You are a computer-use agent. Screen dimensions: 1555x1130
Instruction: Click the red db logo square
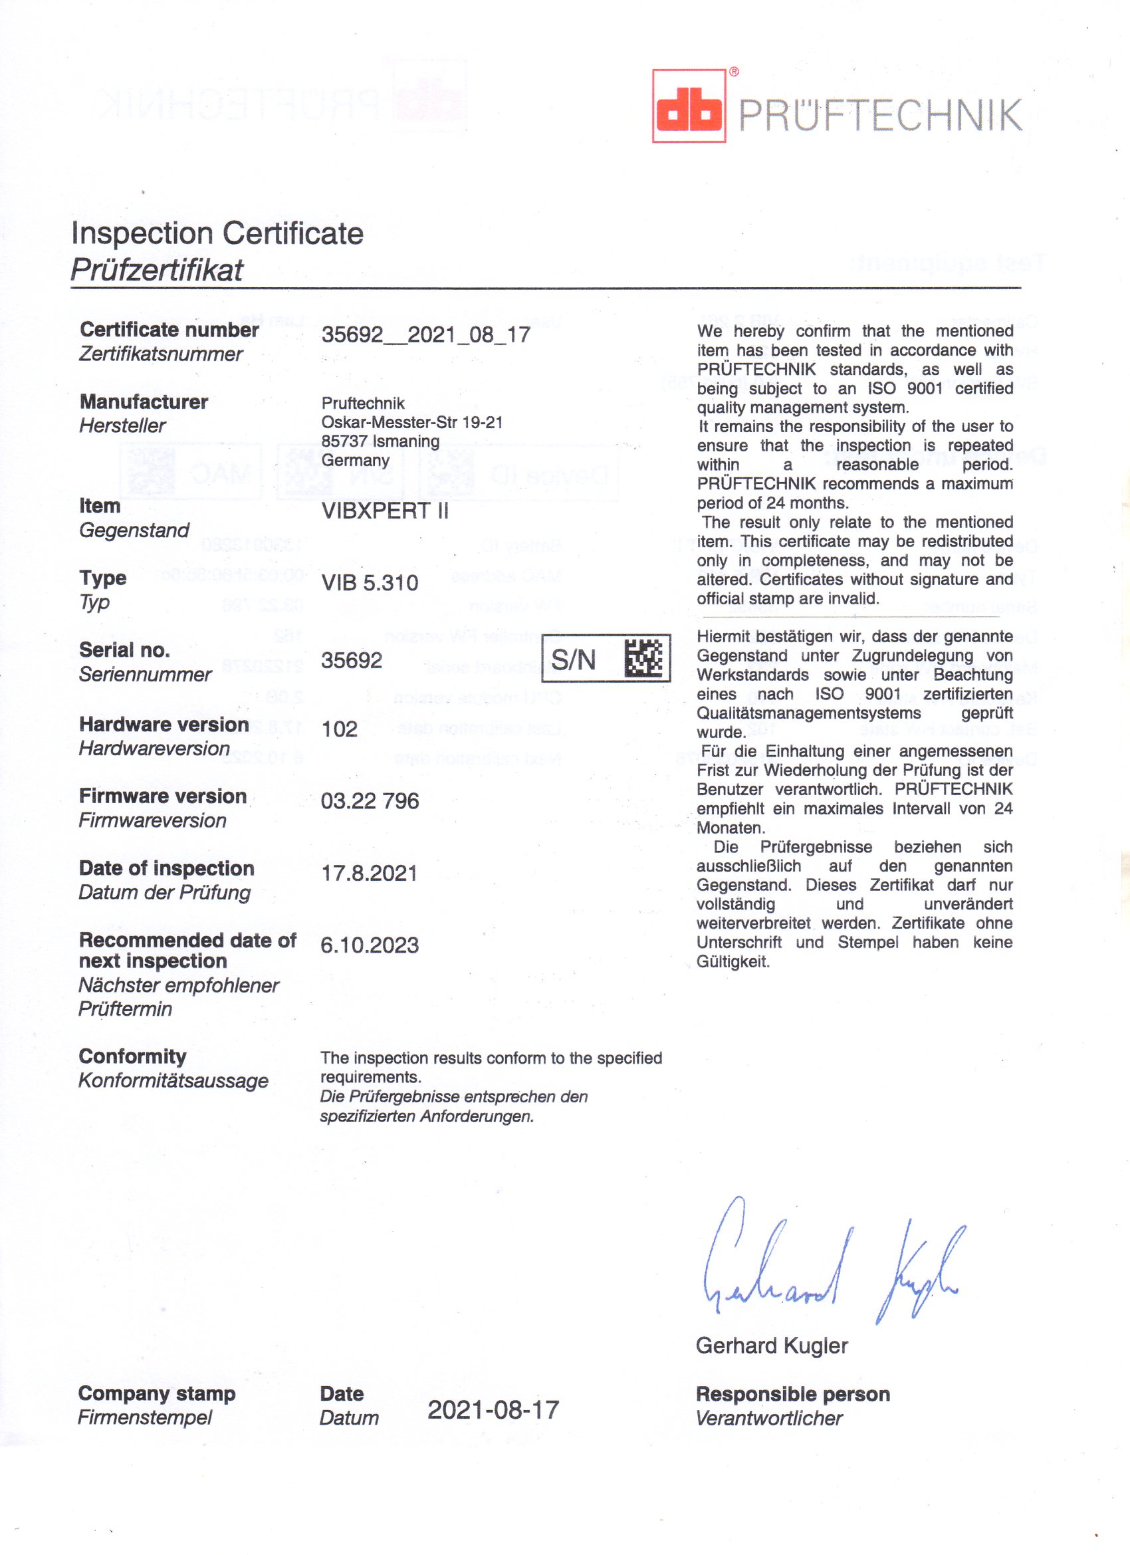(689, 106)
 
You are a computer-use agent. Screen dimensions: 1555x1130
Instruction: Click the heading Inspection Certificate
(217, 233)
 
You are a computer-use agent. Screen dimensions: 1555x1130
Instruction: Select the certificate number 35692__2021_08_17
(426, 334)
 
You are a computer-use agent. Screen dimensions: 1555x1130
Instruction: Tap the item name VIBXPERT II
(385, 511)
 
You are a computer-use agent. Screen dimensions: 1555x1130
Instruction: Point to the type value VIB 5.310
(370, 583)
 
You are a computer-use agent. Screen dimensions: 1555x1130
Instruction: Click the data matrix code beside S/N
(644, 658)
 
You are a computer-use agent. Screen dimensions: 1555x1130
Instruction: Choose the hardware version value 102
(340, 728)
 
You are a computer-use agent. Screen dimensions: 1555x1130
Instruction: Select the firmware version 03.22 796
(370, 801)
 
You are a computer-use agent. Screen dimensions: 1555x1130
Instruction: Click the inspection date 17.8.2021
(369, 873)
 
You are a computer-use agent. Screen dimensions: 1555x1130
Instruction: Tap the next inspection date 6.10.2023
(370, 945)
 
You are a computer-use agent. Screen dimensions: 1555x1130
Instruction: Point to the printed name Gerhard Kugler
(771, 1346)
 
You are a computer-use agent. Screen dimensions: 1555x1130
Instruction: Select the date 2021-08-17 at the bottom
(493, 1409)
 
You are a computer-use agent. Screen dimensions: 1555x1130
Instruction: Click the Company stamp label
(156, 1393)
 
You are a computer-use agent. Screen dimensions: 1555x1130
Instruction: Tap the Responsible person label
(792, 1394)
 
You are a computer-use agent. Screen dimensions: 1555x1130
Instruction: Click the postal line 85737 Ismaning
(380, 441)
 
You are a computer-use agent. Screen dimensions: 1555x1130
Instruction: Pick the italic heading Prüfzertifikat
(156, 270)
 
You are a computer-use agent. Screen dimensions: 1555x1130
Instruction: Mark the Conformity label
(132, 1056)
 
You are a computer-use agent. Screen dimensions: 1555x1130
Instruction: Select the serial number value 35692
(352, 660)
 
